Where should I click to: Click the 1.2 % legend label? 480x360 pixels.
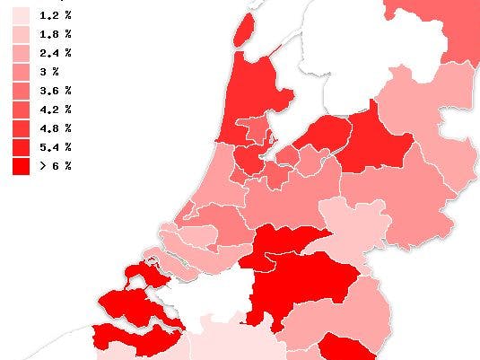coord(55,15)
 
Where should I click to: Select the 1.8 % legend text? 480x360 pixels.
coord(55,34)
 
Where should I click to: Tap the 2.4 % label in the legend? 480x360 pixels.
coord(55,53)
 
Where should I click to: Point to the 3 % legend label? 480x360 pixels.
coord(49,72)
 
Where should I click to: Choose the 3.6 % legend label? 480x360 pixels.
coord(55,91)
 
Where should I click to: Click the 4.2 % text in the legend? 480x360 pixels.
coord(55,110)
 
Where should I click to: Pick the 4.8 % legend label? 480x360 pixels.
coord(55,128)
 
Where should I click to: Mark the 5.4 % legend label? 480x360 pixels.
coord(55,147)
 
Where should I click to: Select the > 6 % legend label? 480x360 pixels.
coord(55,166)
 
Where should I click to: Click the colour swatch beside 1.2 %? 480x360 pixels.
coord(22,15)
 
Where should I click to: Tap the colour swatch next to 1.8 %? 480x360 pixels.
coord(22,34)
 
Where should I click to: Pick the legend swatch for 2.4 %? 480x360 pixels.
coord(22,53)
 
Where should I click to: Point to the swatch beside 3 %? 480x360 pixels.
coord(22,72)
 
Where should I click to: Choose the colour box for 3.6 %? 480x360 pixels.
coord(22,91)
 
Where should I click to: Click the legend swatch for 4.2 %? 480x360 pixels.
coord(22,110)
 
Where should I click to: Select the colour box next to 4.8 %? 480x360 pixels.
coord(22,128)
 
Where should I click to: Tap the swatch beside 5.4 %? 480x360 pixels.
coord(22,147)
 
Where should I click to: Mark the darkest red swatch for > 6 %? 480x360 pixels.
coord(22,166)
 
